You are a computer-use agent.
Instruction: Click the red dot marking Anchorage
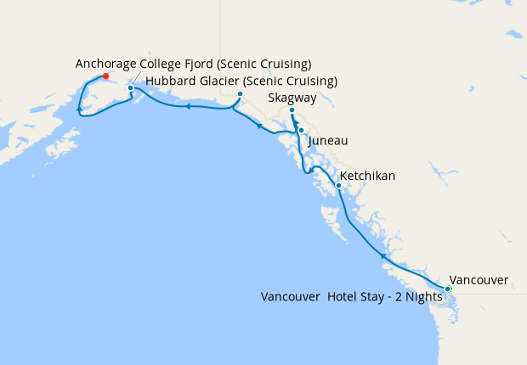[105, 76]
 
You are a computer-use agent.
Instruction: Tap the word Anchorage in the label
[107, 64]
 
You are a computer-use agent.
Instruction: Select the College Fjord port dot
[130, 87]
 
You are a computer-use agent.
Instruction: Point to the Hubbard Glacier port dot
[241, 94]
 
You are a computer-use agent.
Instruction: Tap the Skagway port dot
[292, 111]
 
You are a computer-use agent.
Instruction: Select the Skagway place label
[292, 98]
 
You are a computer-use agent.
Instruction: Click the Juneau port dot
[301, 130]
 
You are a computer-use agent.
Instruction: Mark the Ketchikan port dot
[338, 185]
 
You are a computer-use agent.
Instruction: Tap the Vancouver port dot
[448, 289]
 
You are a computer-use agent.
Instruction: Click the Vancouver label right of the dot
[479, 280]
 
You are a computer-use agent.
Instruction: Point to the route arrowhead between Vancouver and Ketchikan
[383, 255]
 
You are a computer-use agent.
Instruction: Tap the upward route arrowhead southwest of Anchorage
[79, 109]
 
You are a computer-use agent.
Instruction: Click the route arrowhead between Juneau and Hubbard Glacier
[258, 126]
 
